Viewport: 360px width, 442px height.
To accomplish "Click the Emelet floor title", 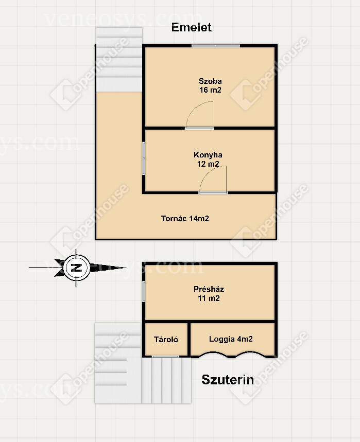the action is click(x=191, y=27).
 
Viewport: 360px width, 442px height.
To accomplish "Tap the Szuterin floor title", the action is click(x=228, y=380).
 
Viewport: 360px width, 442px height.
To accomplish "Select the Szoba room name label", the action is click(x=210, y=81).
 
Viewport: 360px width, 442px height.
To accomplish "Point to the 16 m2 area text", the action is click(x=210, y=90).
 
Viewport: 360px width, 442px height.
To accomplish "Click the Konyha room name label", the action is click(x=208, y=155).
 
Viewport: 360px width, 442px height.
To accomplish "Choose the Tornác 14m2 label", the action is click(x=185, y=219).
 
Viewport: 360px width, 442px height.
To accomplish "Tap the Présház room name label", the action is click(x=209, y=289).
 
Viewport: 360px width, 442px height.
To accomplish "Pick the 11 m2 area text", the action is click(x=209, y=298).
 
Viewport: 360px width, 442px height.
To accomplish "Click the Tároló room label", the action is click(x=166, y=340).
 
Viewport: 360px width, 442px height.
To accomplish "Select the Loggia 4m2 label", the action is click(x=231, y=339).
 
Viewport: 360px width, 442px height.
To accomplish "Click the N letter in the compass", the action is click(x=76, y=268).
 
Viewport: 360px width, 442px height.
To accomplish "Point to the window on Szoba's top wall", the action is click(x=216, y=46).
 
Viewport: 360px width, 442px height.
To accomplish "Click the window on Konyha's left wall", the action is click(x=144, y=158).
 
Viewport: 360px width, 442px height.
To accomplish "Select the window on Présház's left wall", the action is click(x=144, y=291).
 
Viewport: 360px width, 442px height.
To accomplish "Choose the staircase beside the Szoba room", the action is click(x=119, y=60).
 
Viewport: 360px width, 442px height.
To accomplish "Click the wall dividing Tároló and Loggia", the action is click(x=189, y=339).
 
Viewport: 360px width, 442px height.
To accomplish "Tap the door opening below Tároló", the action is click(x=165, y=357).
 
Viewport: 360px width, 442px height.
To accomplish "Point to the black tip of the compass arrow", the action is click(x=126, y=268).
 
